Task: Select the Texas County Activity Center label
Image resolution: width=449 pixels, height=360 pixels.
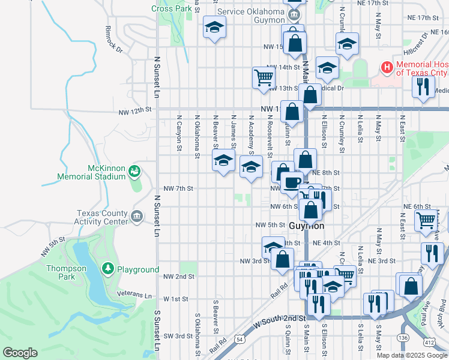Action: tap(102, 217)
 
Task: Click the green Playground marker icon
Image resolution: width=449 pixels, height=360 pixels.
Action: tap(108, 269)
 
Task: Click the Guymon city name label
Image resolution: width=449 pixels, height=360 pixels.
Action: tap(306, 226)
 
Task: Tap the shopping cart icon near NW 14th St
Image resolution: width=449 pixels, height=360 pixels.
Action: tap(264, 77)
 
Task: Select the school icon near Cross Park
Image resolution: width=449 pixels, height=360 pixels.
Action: tap(214, 28)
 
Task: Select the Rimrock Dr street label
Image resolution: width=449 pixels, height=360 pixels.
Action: tap(113, 38)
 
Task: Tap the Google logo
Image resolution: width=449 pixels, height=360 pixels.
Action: tap(20, 353)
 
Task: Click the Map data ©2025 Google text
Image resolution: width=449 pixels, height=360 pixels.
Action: tap(411, 355)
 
